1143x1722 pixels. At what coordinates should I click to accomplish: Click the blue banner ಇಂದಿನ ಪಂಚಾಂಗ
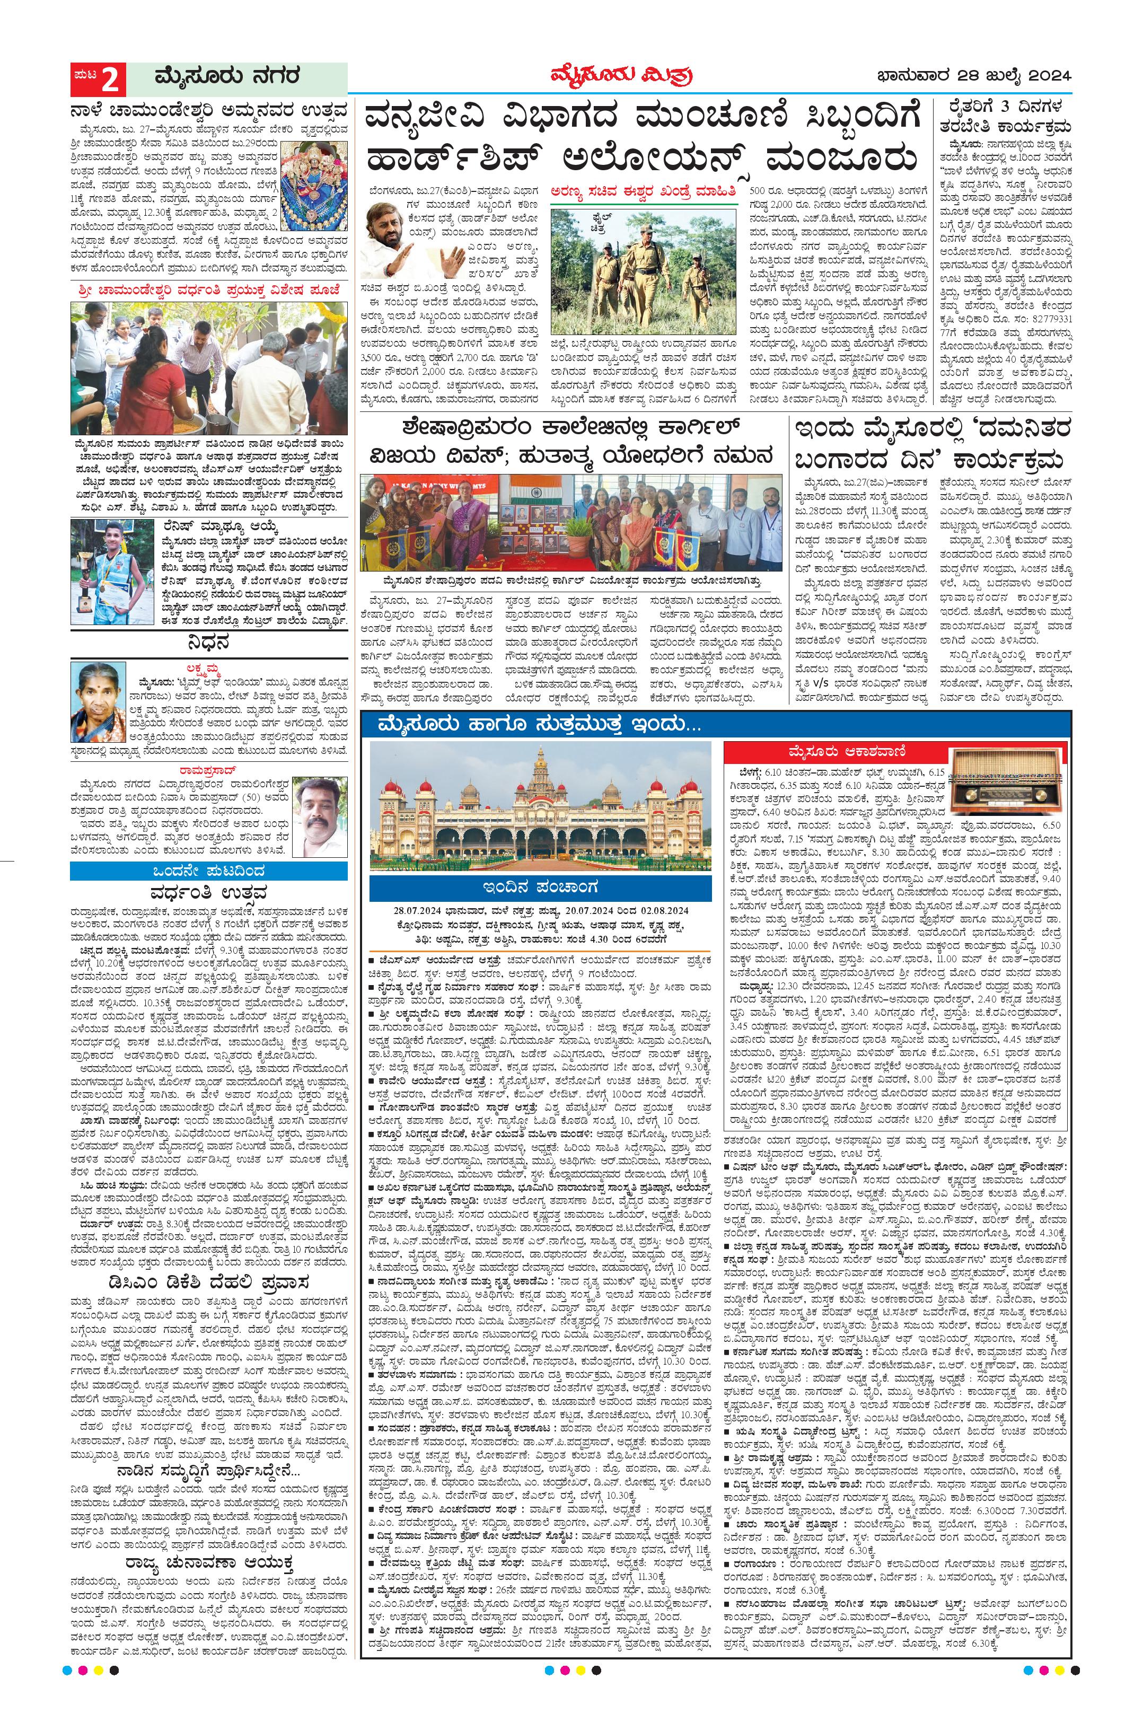pyautogui.click(x=541, y=888)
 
